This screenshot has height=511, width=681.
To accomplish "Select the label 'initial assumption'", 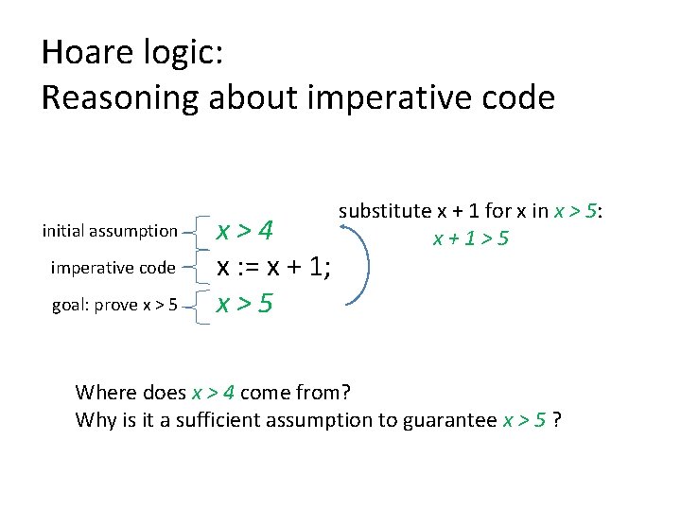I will coord(110,231).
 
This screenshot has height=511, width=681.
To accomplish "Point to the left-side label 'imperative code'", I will coord(113,268).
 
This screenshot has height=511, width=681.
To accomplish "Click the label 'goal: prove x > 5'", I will coord(111,304).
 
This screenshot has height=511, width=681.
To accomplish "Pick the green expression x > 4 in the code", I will coord(245,231).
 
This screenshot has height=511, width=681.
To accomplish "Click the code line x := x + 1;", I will coord(273,268).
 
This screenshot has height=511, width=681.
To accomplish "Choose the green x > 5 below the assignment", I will coord(245,304).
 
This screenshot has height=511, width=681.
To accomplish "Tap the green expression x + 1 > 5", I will coord(471,238).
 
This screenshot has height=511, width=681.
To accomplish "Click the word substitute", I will coord(384,211).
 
